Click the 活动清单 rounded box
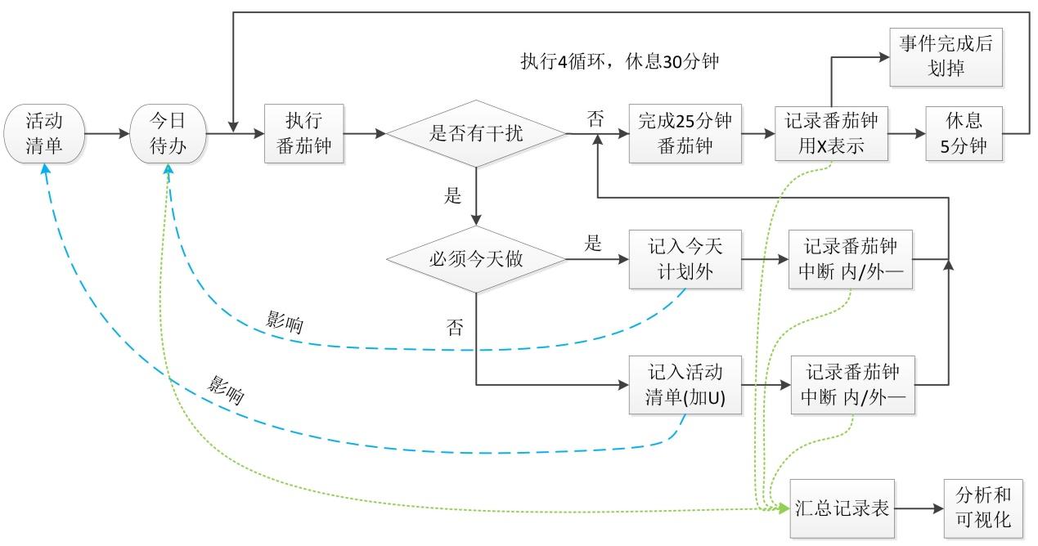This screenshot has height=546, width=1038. [44, 133]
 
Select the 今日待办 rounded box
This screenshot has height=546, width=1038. [167, 133]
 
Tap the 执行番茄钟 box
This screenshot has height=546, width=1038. [303, 133]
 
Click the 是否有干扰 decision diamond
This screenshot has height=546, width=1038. [475, 133]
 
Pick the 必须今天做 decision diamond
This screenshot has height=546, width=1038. [475, 260]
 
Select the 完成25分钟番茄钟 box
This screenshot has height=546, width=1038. [685, 133]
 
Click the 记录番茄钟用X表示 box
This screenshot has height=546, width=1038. [832, 133]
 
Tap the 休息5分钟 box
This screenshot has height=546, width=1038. [963, 133]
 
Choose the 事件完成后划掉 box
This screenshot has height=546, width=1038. [946, 56]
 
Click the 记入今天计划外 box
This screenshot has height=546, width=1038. [685, 259]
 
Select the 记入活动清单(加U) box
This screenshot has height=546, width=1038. [685, 384]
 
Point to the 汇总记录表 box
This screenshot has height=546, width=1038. [842, 508]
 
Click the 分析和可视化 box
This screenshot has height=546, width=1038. [982, 508]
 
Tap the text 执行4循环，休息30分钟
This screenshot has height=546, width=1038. [619, 62]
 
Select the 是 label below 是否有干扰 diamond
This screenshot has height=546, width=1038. [452, 195]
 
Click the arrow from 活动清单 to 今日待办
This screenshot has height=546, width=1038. [108, 133]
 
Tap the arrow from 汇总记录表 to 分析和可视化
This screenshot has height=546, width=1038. [919, 508]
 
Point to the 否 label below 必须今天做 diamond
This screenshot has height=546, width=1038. [455, 328]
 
